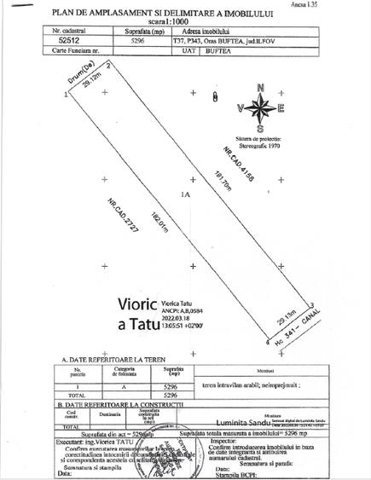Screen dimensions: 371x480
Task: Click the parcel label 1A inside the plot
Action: tap(184, 196)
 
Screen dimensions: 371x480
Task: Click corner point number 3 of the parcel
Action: tap(313, 304)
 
